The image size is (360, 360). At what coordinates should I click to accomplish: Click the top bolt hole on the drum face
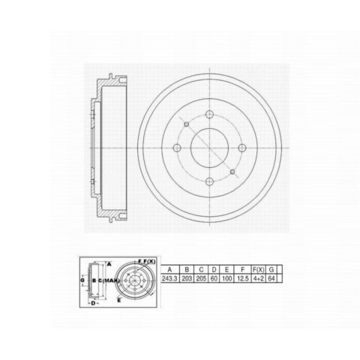pos(209,115)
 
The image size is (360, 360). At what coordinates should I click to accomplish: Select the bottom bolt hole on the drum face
pos(209,181)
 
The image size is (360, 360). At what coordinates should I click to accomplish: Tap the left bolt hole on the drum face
pos(177,148)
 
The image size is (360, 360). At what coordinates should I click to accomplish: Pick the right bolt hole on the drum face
pos(242,148)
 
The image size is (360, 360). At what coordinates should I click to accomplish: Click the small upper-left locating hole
pos(186,124)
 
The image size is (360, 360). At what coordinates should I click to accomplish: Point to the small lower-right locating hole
pos(232,172)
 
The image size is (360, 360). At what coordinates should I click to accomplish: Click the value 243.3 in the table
pos(169,278)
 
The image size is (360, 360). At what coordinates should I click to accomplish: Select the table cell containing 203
pos(187,278)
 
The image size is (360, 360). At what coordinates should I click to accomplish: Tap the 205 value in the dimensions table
pos(201,278)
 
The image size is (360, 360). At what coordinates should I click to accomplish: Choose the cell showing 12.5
pos(242,278)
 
